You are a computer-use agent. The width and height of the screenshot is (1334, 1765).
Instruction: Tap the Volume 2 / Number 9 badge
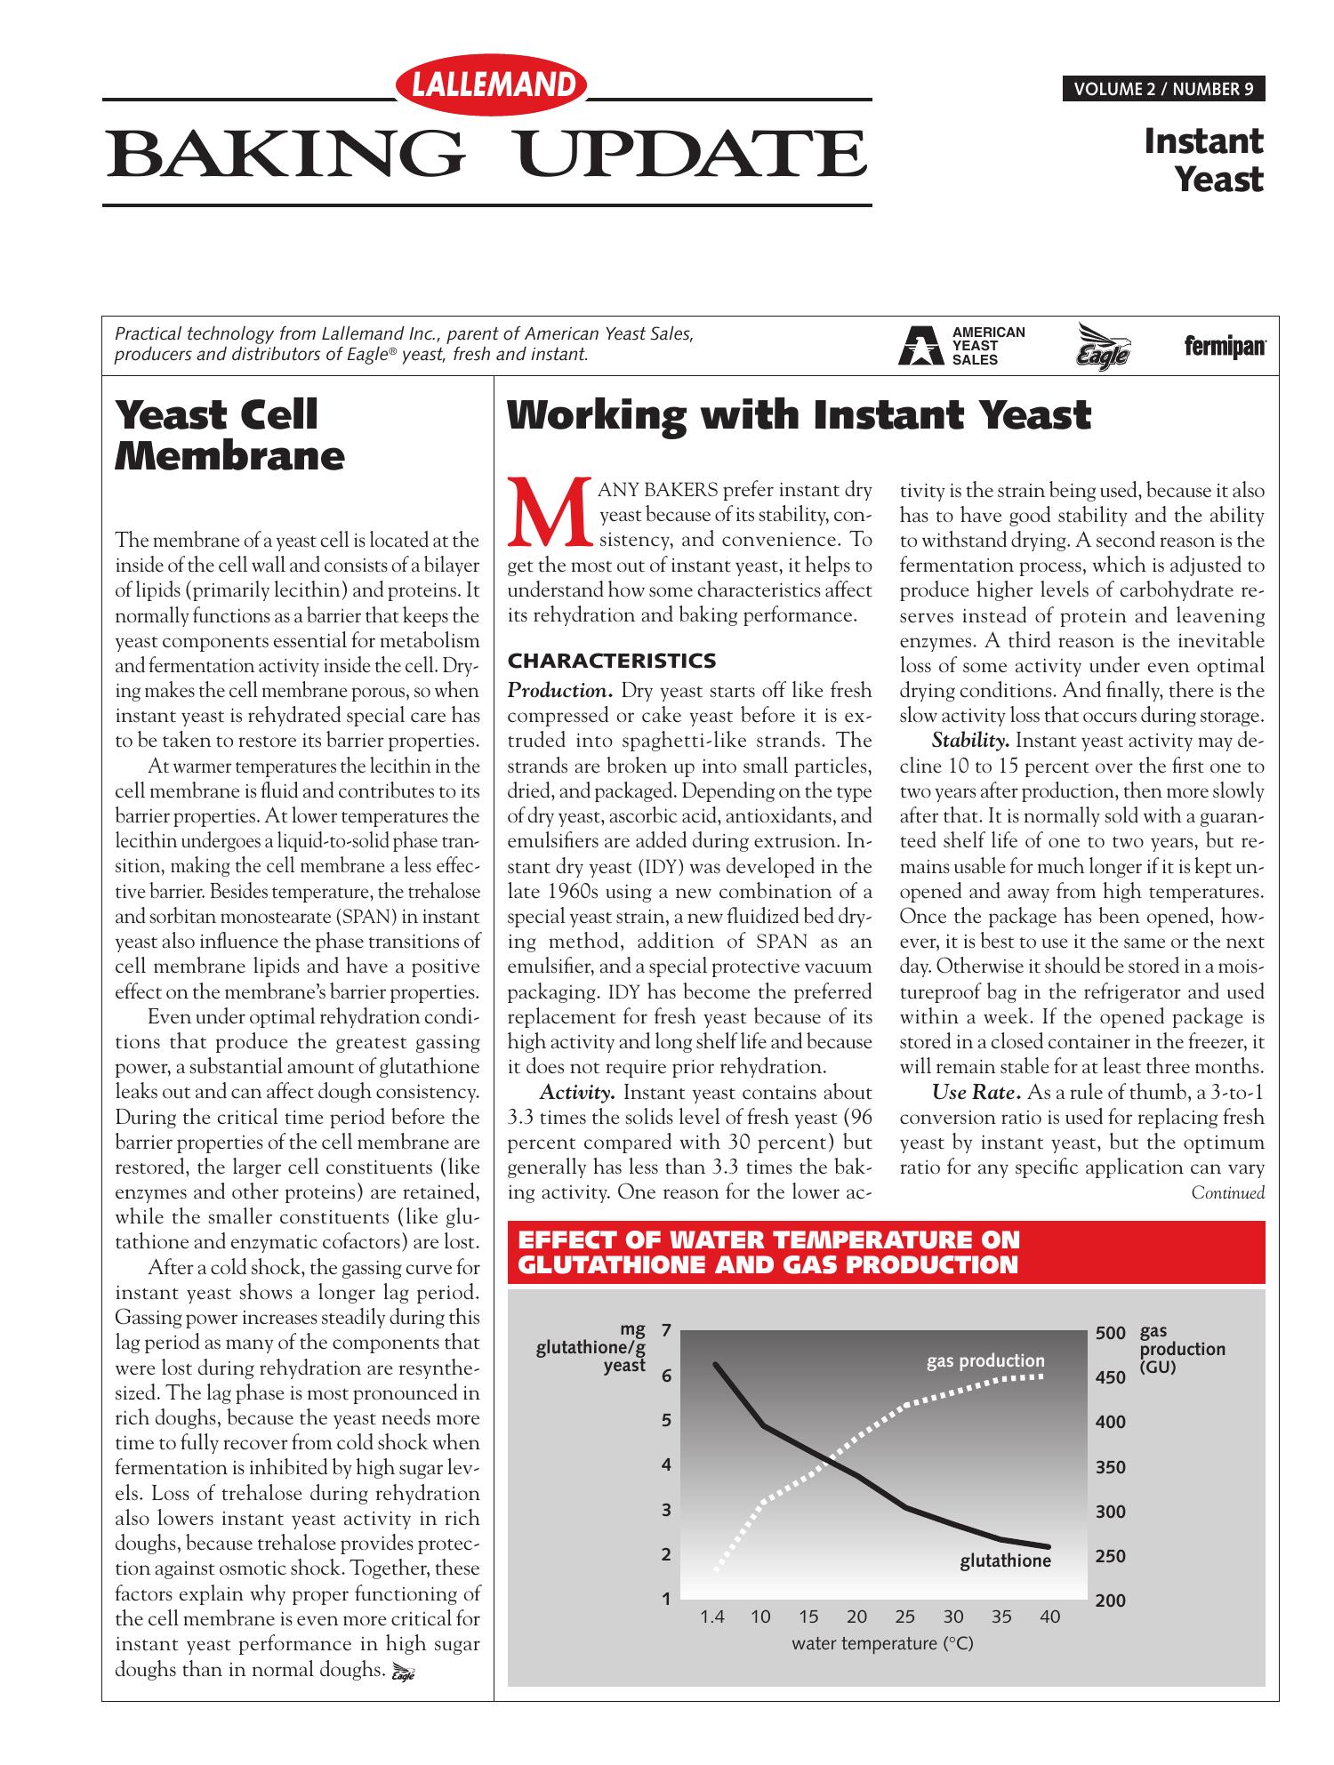1163,89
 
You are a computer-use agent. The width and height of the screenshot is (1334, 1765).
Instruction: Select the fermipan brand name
1225,347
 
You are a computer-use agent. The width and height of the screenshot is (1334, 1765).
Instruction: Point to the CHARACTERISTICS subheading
611,661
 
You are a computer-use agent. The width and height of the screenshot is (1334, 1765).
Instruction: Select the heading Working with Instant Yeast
798,415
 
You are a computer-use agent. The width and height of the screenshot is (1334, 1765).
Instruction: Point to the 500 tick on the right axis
1111,1334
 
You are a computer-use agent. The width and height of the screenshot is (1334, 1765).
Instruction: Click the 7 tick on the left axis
665,1332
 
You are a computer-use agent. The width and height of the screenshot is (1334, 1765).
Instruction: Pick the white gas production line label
985,1361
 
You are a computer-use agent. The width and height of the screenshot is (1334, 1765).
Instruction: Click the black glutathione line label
1005,1561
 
